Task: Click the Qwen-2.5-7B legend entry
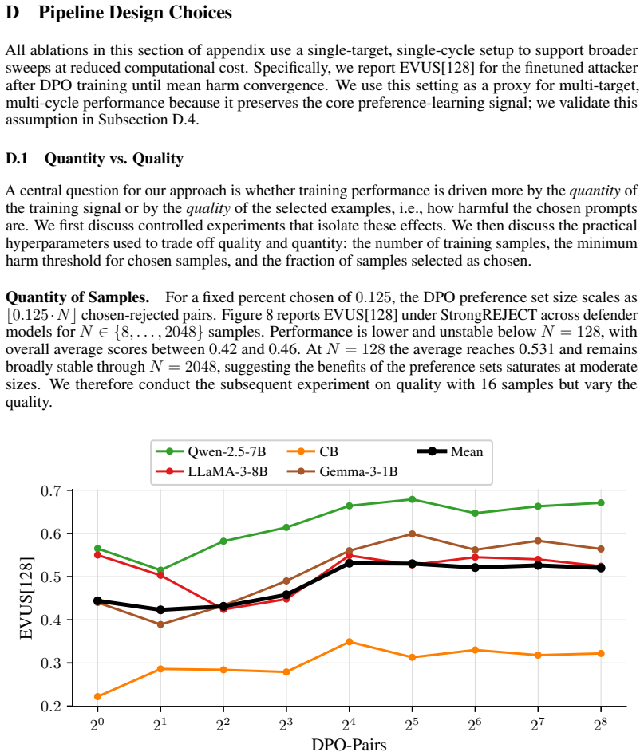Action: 211,452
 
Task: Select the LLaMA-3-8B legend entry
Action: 211,471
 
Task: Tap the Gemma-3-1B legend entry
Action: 342,471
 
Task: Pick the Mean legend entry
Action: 450,452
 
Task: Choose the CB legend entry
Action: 313,452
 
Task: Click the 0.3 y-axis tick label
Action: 50,663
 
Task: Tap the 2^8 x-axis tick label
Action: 601,723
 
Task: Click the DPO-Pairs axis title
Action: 349,745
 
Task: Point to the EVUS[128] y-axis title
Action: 26,598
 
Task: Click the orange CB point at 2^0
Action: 97,696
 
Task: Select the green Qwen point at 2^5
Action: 412,499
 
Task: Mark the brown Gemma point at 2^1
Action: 160,624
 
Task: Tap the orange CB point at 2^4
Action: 350,642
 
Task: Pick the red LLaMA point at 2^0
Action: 97,555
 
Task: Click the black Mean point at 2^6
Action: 475,568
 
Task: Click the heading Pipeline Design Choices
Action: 135,13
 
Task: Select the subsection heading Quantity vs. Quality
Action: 114,159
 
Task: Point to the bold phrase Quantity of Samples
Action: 77,297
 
